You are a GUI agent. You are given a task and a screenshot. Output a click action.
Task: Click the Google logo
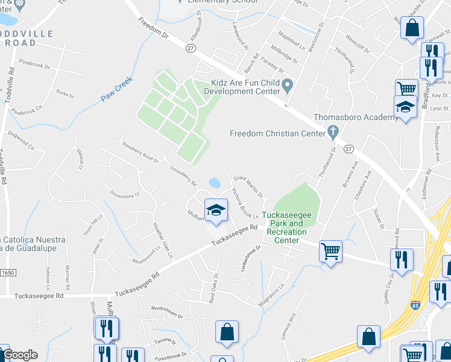tap(19, 355)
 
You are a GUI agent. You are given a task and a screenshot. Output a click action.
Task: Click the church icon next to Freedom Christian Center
tap(331, 131)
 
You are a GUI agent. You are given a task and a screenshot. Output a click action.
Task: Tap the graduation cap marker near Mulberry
tap(215, 210)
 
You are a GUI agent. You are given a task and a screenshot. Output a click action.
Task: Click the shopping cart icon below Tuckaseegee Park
tap(330, 250)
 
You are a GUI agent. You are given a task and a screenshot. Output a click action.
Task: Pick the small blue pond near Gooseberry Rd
tap(215, 182)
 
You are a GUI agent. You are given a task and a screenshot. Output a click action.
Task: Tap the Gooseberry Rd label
tap(183, 176)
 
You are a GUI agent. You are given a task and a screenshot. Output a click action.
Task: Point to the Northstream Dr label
tap(167, 310)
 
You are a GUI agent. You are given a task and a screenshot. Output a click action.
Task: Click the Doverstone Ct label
tap(125, 195)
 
